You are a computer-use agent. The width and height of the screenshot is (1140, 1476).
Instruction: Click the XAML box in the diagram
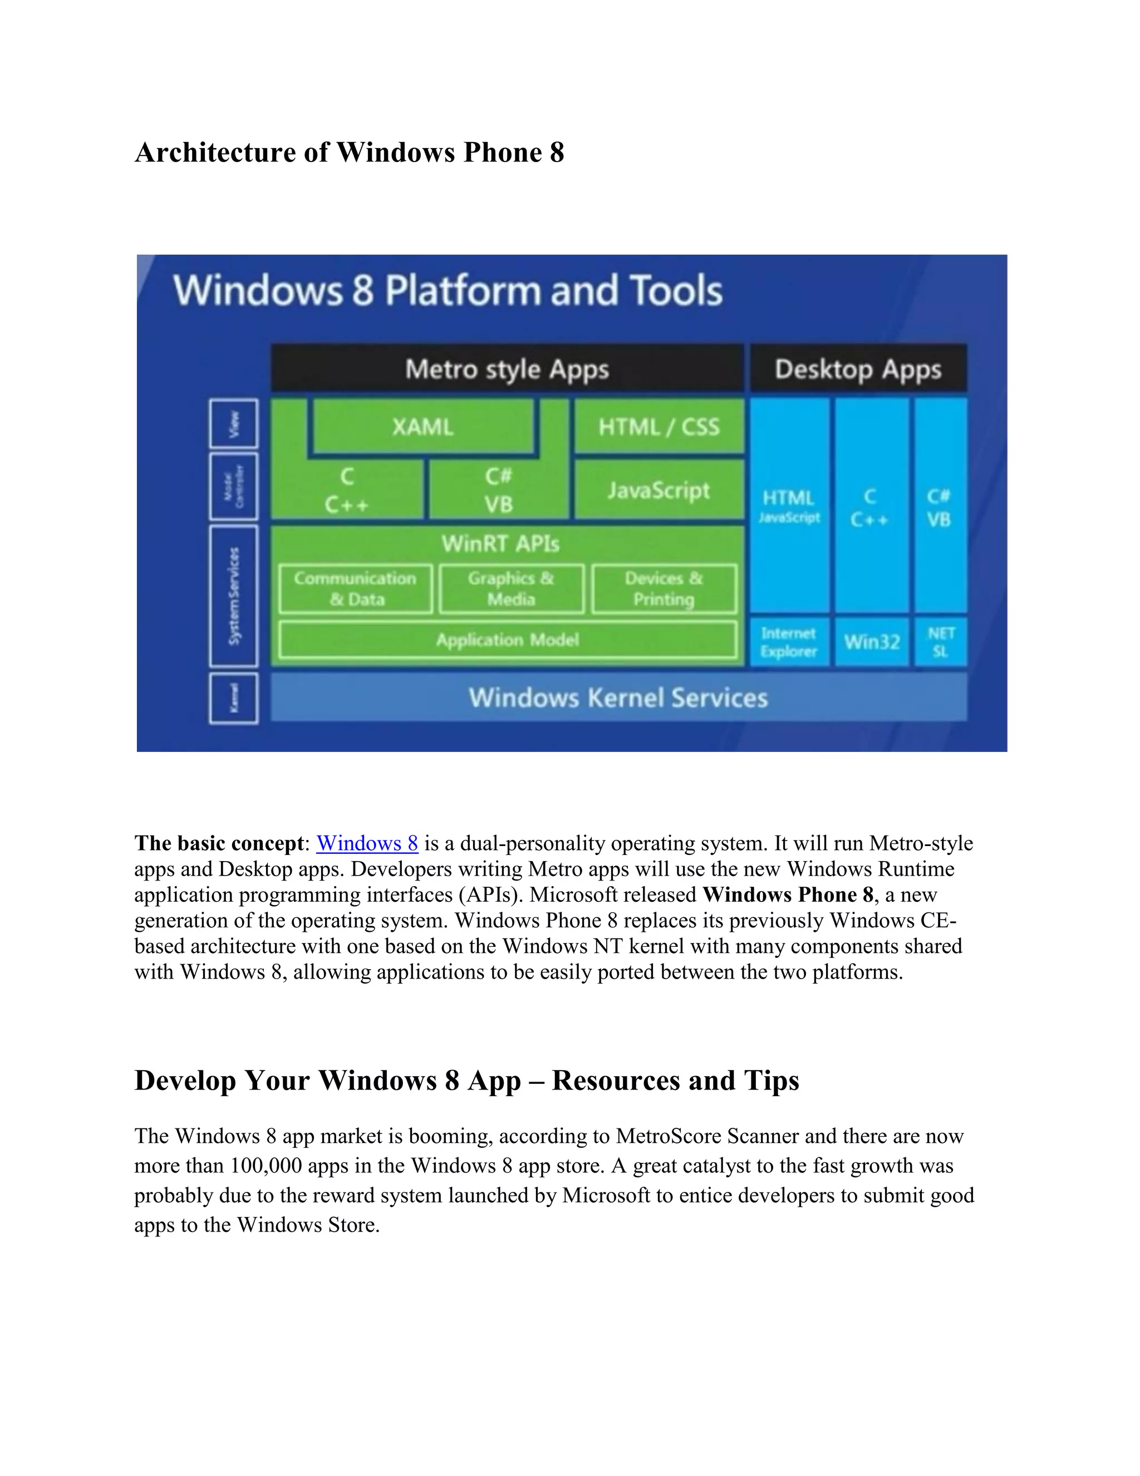422,427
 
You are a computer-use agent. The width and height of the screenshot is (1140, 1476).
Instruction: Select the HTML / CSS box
659,427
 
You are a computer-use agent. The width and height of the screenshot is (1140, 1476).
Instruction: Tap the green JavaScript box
659,490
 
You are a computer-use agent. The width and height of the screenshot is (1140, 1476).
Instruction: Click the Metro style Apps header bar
507,369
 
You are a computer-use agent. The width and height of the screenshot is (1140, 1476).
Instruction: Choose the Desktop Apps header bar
858,369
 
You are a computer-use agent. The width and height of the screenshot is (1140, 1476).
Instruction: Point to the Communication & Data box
355,589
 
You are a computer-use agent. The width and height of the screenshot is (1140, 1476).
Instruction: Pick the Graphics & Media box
511,589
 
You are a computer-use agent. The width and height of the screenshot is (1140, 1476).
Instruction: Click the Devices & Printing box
664,589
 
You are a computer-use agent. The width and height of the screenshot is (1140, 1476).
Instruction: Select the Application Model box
507,639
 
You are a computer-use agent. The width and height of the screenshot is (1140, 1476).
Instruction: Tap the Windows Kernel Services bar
618,697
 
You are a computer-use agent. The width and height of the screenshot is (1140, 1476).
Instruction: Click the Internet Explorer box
789,642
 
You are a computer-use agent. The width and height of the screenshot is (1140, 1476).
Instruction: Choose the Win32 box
871,642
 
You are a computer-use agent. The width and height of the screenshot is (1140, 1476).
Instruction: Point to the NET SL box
941,642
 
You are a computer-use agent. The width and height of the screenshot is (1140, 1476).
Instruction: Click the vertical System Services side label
234,596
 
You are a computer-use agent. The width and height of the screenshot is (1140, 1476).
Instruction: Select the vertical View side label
234,424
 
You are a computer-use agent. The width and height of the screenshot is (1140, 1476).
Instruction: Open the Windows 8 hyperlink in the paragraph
367,843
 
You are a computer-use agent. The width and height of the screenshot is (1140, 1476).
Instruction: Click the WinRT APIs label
500,544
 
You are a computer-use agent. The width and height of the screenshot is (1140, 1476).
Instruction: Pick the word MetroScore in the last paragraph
669,1136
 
